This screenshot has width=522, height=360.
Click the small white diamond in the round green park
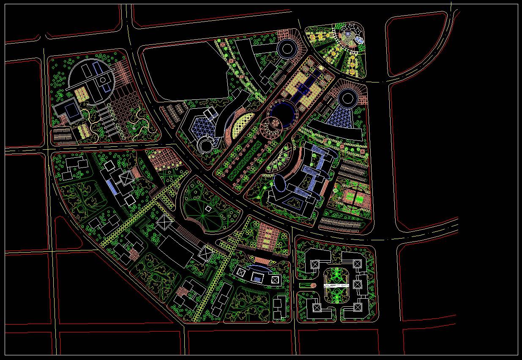pos(208,209)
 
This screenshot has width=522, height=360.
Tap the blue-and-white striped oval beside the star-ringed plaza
pos(359,40)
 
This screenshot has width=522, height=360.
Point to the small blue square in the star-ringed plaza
pos(348,33)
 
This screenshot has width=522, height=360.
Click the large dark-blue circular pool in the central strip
pos(283,113)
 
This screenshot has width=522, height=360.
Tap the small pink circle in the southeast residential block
pos(313,286)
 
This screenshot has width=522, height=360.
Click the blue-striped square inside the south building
pos(257,278)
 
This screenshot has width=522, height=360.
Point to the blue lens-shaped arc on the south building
pos(258,267)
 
